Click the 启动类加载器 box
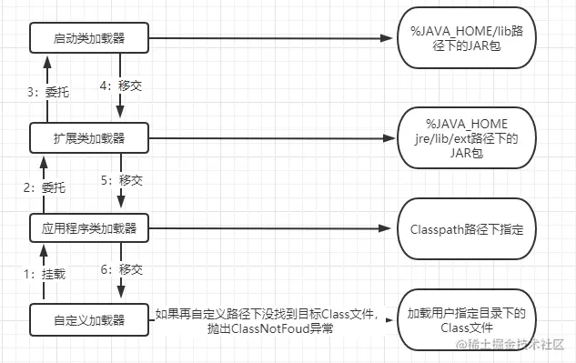pyautogui.click(x=88, y=39)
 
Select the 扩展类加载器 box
pyautogui.click(x=88, y=138)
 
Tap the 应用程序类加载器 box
pyautogui.click(x=88, y=228)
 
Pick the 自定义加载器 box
pyautogui.click(x=88, y=320)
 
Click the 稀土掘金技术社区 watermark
pyautogui.click(x=513, y=346)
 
